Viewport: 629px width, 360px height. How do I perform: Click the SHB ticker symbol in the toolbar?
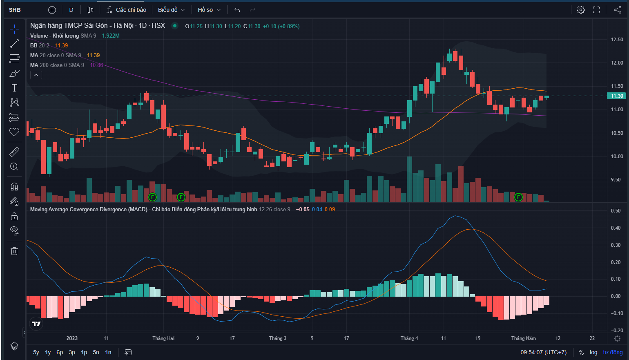pyautogui.click(x=15, y=10)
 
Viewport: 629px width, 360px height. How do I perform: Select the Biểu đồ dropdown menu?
pyautogui.click(x=171, y=10)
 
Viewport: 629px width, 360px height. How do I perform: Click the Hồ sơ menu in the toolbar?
pyautogui.click(x=209, y=10)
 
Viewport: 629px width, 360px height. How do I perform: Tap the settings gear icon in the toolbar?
pyautogui.click(x=580, y=10)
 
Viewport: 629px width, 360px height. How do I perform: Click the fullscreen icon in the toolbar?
pyautogui.click(x=596, y=10)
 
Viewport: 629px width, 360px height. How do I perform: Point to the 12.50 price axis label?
pyautogui.click(x=617, y=40)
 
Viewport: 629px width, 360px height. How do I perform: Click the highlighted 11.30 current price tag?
pyautogui.click(x=617, y=96)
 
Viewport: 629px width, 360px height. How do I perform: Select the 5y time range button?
pyautogui.click(x=36, y=352)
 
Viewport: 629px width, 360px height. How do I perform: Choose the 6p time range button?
pyautogui.click(x=60, y=352)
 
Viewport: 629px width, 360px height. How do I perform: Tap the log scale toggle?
pyautogui.click(x=593, y=352)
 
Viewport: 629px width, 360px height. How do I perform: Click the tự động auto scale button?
pyautogui.click(x=613, y=352)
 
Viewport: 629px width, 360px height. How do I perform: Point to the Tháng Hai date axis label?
pyautogui.click(x=163, y=338)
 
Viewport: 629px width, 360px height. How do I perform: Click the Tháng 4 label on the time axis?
pyautogui.click(x=409, y=338)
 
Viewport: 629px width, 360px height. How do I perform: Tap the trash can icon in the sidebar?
pyautogui.click(x=14, y=251)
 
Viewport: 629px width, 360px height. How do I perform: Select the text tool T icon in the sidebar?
pyautogui.click(x=14, y=88)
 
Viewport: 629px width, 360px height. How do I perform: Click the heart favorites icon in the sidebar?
pyautogui.click(x=14, y=132)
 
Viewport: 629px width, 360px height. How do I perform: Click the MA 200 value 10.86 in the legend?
pyautogui.click(x=96, y=65)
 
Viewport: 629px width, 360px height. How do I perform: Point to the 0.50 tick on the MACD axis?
pyautogui.click(x=616, y=211)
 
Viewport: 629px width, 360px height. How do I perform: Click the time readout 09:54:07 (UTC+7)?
pyautogui.click(x=543, y=352)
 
